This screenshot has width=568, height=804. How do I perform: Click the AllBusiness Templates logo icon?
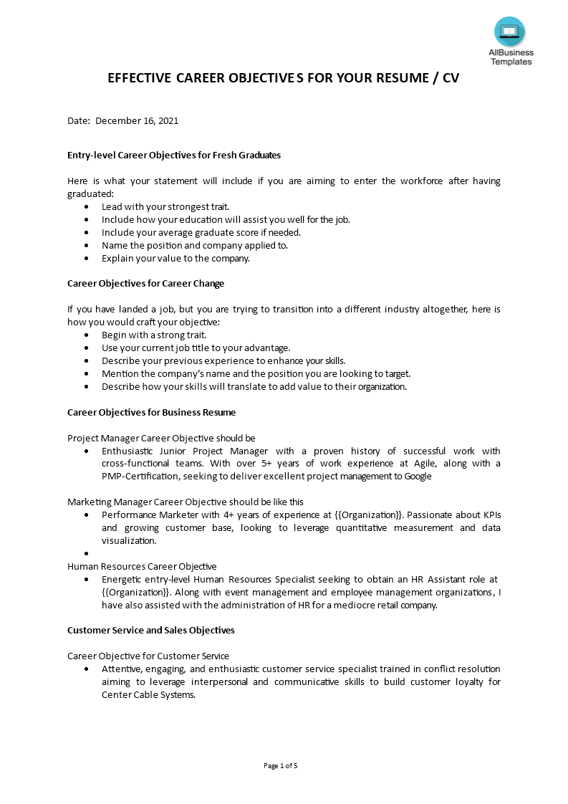[509, 32]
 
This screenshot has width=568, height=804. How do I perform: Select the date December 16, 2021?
[137, 120]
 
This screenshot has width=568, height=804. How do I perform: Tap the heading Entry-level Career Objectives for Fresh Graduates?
[174, 155]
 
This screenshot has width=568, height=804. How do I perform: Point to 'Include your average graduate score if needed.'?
[201, 233]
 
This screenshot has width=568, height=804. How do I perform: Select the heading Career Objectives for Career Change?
[145, 284]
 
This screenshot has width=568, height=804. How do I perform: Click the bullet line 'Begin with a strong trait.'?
[154, 335]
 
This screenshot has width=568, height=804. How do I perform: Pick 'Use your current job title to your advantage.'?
[196, 348]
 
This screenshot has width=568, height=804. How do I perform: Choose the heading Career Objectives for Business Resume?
[151, 413]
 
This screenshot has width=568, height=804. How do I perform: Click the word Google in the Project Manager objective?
[418, 477]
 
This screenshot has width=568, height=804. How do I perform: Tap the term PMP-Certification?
[141, 477]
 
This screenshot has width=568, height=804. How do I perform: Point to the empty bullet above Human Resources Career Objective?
[87, 554]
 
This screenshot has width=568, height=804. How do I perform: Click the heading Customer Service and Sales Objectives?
[150, 631]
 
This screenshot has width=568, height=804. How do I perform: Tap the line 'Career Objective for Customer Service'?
[148, 656]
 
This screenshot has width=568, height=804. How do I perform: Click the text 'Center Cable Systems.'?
[148, 695]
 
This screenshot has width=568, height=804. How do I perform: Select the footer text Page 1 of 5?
[281, 766]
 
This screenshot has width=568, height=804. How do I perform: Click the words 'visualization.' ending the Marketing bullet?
[129, 541]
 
